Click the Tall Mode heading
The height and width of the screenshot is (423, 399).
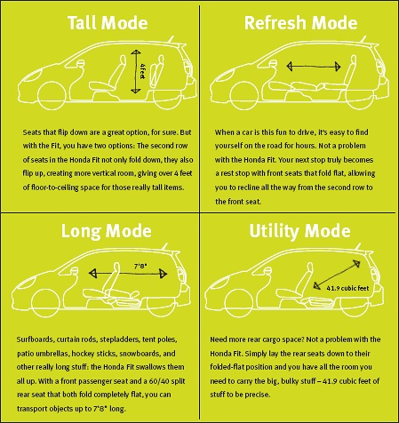coord(108,23)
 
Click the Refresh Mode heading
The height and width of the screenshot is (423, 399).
coord(300,23)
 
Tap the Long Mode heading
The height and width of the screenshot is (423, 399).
coord(107,231)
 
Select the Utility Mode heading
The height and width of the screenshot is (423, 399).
coord(299,231)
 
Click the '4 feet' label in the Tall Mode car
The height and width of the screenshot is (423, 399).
coord(142,71)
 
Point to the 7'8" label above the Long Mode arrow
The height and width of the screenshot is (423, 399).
coord(140,266)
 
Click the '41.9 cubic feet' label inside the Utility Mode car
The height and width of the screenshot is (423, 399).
coord(347,288)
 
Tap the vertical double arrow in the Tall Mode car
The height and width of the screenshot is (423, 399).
coord(136,72)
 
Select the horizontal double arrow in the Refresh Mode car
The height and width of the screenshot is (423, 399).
coord(314,66)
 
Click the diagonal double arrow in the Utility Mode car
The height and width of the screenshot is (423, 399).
coord(337,274)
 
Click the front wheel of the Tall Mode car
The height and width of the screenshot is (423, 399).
coord(52,95)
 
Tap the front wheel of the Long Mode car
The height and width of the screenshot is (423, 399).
coord(45,303)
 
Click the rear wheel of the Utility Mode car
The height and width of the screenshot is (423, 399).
coord(355,305)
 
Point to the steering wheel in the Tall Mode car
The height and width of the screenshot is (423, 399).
coord(80,63)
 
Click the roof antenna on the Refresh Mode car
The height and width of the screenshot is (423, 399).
coord(363,39)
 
